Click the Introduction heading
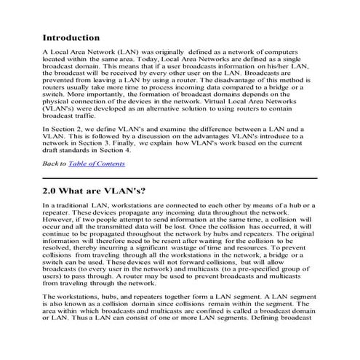71,37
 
